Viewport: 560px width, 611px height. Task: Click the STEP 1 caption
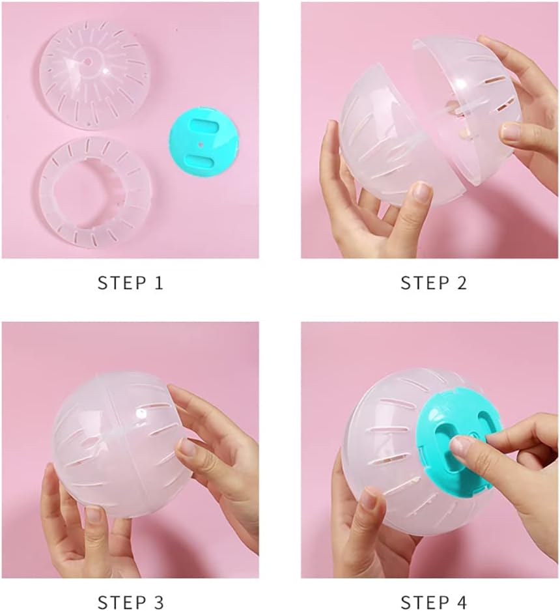point(130,283)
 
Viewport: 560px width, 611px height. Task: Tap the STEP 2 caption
point(434,283)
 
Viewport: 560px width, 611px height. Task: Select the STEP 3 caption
point(130,602)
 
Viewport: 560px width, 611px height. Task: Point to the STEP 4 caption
point(434,602)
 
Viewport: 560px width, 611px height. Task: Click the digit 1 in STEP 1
point(159,283)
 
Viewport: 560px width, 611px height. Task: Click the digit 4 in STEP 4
point(461,602)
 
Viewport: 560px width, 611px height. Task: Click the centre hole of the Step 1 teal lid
point(201,144)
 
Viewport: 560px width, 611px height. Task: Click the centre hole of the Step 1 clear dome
point(88,62)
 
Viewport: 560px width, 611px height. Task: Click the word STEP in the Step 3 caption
point(118,602)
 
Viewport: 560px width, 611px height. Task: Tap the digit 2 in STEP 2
point(462,283)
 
